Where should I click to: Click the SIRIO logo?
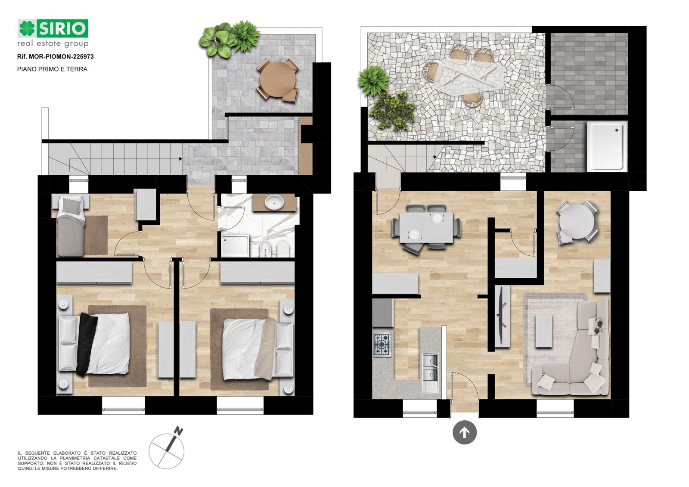click(x=53, y=33)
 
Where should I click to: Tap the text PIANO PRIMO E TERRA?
click(x=52, y=69)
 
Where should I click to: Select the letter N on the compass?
click(x=178, y=431)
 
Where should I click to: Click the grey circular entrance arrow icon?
click(x=465, y=432)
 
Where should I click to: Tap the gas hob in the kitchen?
click(x=383, y=344)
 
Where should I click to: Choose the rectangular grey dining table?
click(x=426, y=228)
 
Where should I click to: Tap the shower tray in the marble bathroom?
click(x=235, y=245)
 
